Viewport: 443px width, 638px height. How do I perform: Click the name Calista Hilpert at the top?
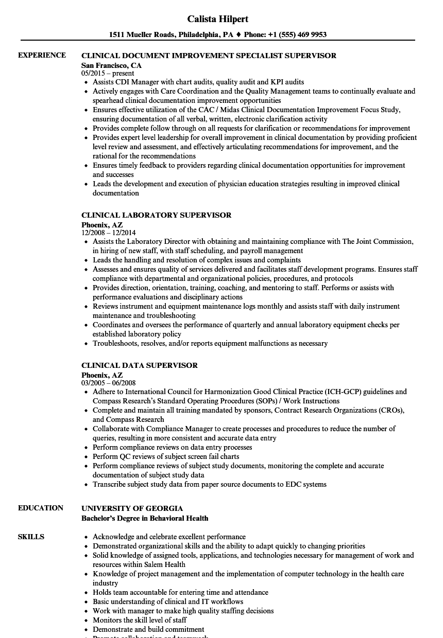pyautogui.click(x=217, y=19)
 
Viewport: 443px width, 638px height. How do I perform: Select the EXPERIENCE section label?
pyautogui.click(x=42, y=55)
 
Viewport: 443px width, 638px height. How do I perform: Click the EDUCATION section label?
pyautogui.click(x=41, y=508)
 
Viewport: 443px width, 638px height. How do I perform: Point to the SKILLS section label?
pyautogui.click(x=31, y=537)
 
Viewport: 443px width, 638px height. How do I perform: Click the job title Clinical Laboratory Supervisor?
pyautogui.click(x=156, y=215)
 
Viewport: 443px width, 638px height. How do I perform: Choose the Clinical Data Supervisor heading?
pyautogui.click(x=139, y=365)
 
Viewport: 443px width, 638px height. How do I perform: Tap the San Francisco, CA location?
pyautogui.click(x=111, y=65)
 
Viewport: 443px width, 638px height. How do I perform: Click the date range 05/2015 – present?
pyautogui.click(x=108, y=73)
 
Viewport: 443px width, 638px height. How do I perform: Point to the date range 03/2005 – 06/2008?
pyautogui.click(x=108, y=383)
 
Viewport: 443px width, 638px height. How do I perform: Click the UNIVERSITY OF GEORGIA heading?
pyautogui.click(x=132, y=508)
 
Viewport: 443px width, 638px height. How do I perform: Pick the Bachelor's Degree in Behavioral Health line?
pyautogui.click(x=145, y=518)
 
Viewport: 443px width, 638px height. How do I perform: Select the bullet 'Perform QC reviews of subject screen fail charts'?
pyautogui.click(x=166, y=456)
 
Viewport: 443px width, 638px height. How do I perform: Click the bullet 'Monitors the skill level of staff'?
pyautogui.click(x=140, y=620)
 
